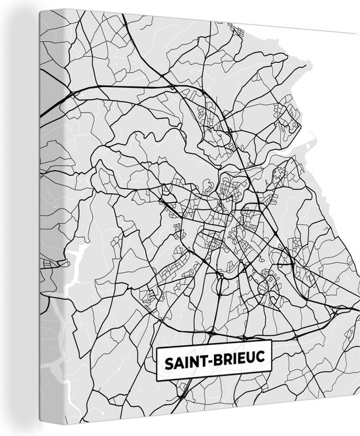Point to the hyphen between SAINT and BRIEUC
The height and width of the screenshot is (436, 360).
tap(214, 360)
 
